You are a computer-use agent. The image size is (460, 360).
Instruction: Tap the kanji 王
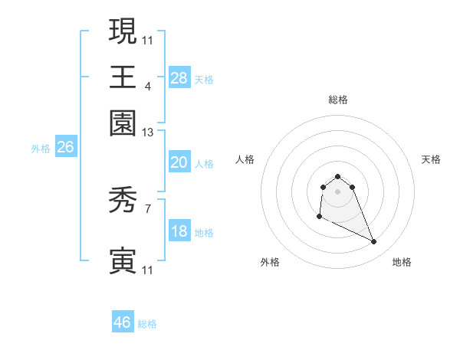click(123, 77)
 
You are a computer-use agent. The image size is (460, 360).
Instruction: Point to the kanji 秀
click(123, 201)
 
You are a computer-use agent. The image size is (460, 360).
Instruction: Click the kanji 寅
click(123, 260)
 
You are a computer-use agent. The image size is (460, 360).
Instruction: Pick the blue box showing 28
click(179, 77)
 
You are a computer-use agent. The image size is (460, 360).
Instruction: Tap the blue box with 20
click(179, 162)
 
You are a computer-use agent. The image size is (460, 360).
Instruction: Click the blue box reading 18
click(179, 231)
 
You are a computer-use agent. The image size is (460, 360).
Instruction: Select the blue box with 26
click(65, 147)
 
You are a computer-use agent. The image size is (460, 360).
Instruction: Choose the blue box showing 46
click(123, 322)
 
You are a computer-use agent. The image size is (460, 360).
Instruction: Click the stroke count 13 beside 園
click(148, 133)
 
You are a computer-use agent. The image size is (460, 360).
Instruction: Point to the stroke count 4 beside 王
click(148, 86)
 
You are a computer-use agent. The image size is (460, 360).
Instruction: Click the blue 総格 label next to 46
click(148, 324)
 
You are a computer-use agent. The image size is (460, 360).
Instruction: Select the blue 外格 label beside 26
click(41, 149)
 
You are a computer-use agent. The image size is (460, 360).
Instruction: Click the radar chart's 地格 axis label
click(402, 262)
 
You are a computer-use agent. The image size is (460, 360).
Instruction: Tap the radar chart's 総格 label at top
click(337, 100)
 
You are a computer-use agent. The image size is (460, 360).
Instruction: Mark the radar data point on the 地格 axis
click(374, 242)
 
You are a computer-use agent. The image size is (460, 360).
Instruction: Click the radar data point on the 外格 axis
click(319, 217)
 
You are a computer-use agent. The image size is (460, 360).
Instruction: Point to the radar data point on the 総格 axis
click(337, 176)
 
